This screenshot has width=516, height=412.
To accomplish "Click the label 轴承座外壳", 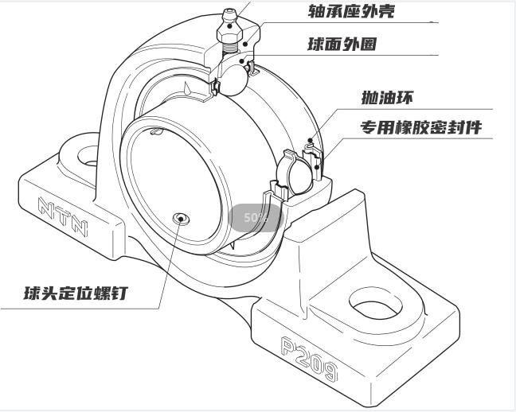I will tap(350, 11).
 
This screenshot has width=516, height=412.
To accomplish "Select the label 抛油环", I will tap(387, 99).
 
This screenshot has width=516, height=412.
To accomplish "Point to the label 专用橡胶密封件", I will tap(421, 127).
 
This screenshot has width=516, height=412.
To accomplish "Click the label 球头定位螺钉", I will tap(75, 293).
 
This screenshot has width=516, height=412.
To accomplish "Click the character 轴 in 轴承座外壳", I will tap(316, 11).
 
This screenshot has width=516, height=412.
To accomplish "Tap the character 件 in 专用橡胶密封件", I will tap(472, 127).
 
